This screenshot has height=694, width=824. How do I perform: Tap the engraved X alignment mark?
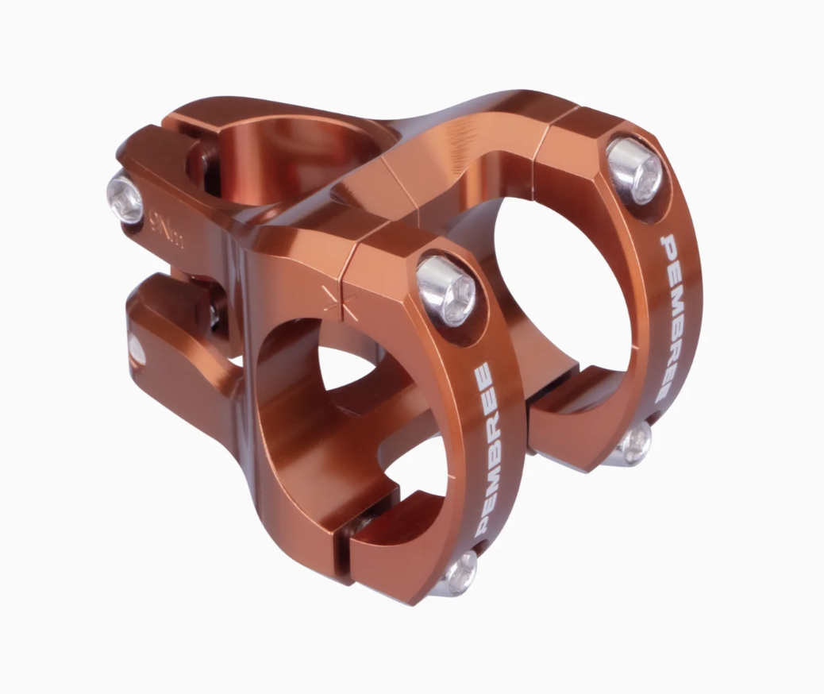338,302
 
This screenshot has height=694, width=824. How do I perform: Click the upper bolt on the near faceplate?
446,291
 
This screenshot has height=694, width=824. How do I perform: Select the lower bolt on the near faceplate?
460,573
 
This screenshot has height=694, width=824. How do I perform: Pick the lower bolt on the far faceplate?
636,443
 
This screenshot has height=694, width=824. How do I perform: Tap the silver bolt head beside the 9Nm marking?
125,199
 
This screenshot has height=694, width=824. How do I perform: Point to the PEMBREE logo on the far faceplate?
668,319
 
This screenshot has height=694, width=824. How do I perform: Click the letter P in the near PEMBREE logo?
482,525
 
